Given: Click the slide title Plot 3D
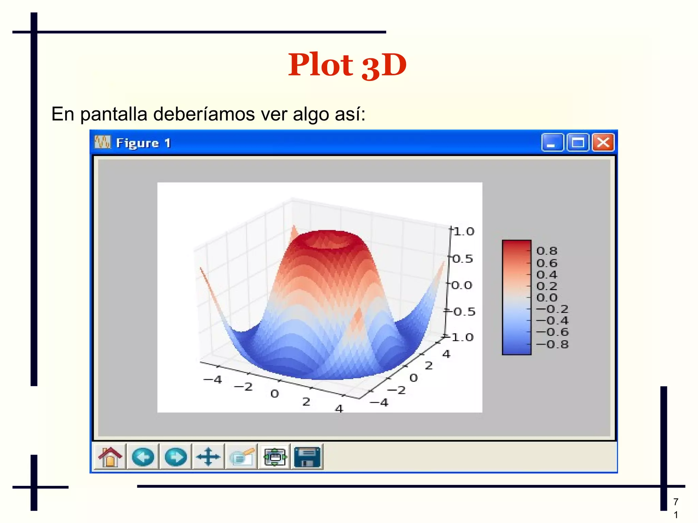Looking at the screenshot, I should [347, 65].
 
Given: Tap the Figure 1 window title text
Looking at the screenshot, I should [143, 143].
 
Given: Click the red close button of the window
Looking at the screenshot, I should [603, 142].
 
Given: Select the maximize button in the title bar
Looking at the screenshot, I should [577, 142].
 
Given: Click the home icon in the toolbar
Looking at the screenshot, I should [110, 457].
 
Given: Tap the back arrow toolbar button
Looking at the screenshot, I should [143, 457].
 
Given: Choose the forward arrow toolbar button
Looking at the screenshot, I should [176, 457].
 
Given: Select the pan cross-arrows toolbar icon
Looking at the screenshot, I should [208, 457].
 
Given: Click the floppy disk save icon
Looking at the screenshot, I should [307, 457].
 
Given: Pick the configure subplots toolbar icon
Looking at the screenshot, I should [275, 457].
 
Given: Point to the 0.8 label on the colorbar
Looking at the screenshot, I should [547, 251].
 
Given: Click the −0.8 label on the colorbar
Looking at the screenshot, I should [552, 344].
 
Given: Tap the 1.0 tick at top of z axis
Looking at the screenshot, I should [464, 232].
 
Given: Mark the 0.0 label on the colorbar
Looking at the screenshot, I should [547, 298].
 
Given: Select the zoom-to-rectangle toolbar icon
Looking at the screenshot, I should [242, 457].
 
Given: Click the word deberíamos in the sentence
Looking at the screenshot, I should [204, 114].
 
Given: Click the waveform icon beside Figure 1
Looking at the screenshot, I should [103, 142].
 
